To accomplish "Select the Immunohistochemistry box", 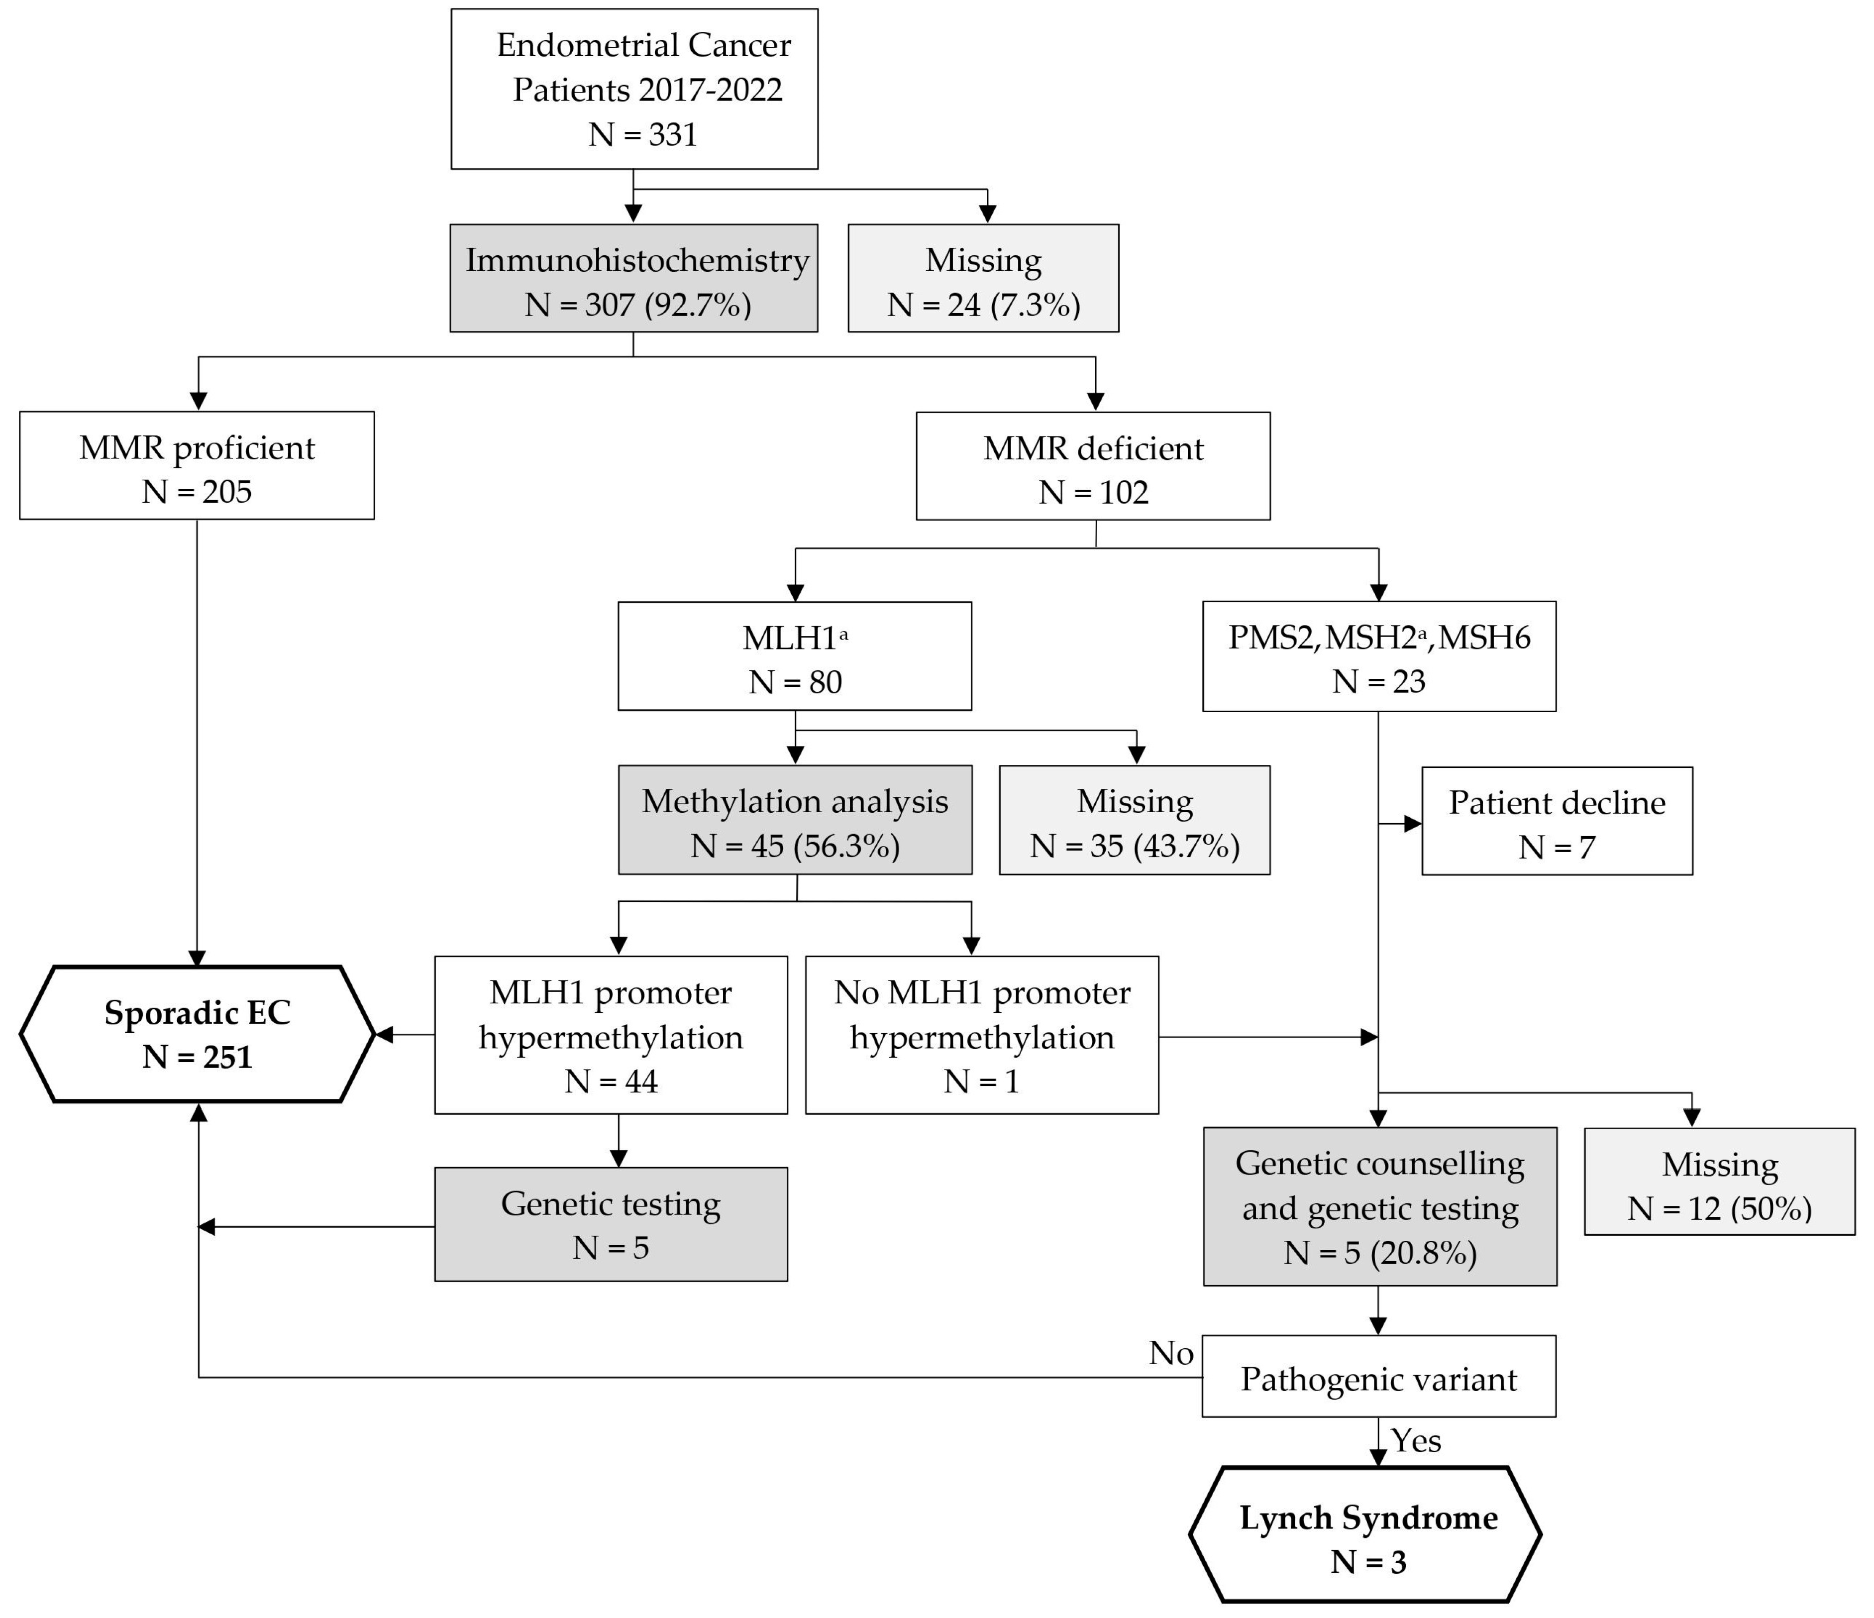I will pyautogui.click(x=634, y=279).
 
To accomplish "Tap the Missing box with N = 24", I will pyautogui.click(x=983, y=279).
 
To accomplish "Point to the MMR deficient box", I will pyautogui.click(x=1093, y=467).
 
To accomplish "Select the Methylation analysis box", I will pyautogui.click(x=795, y=820).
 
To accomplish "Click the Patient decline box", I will pyautogui.click(x=1557, y=821).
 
